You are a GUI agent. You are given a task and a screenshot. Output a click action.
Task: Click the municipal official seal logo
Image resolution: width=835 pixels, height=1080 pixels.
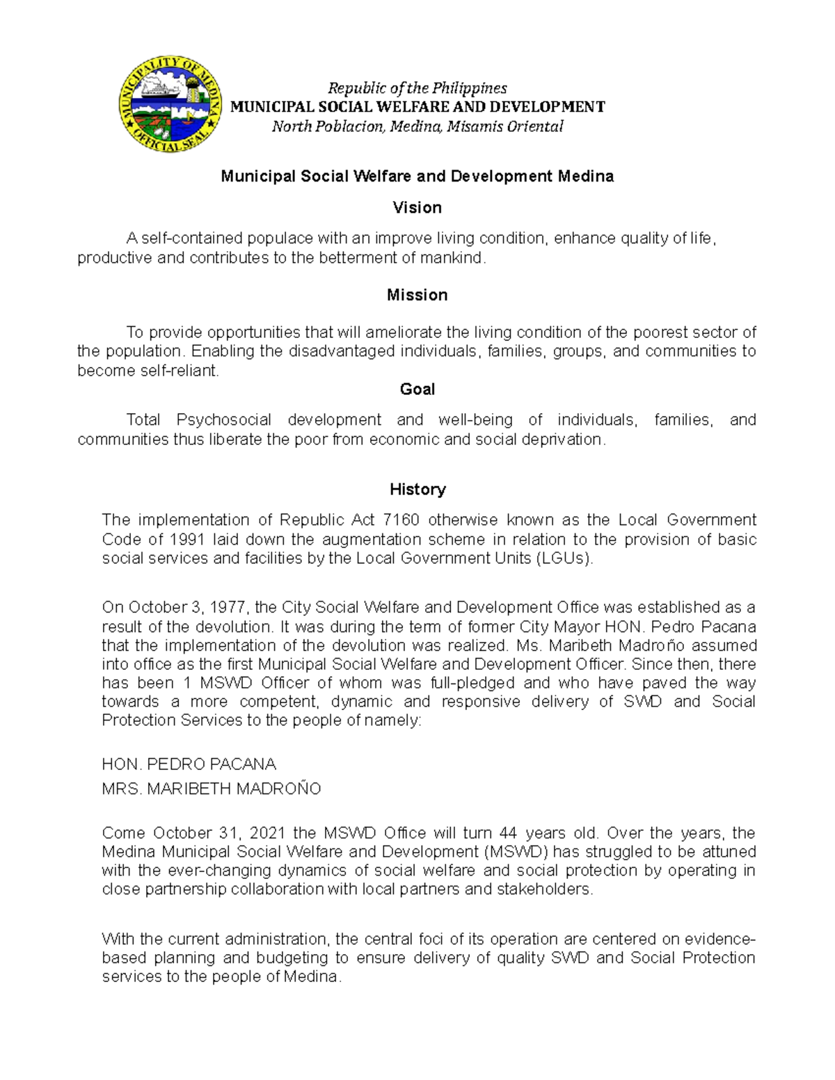tap(170, 105)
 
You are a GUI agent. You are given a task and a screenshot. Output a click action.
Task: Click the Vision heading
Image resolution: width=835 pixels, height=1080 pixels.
tap(417, 207)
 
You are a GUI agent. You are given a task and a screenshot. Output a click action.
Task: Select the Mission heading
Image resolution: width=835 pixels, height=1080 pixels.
tap(417, 295)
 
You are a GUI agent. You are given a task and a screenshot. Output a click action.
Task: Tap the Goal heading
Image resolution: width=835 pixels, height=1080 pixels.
tap(417, 389)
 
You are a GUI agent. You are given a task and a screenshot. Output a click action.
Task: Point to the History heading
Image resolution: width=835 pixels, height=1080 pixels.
tap(417, 490)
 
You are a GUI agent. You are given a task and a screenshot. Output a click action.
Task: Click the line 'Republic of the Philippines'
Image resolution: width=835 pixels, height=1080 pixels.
tap(417, 88)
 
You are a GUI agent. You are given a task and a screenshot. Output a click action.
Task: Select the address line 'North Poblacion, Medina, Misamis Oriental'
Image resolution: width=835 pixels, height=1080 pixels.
tap(417, 127)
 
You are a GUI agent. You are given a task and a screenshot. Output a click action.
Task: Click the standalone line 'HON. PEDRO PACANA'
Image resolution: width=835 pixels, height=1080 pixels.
tap(189, 764)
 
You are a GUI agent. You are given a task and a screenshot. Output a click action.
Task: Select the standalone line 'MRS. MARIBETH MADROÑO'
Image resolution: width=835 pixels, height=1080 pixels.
tap(211, 789)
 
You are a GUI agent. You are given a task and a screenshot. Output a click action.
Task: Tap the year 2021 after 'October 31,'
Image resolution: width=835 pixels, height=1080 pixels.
tap(268, 833)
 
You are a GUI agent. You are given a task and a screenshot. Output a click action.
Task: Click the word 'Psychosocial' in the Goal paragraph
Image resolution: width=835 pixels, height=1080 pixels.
tap(223, 420)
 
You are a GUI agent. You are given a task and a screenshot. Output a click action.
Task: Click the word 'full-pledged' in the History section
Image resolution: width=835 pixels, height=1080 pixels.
tap(472, 683)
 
